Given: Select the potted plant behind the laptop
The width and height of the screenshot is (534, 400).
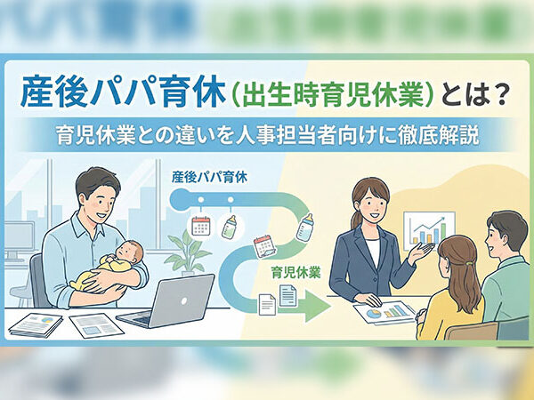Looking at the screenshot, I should click(x=190, y=252).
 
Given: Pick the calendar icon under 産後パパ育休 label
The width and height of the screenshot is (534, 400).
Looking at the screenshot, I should click(x=200, y=226).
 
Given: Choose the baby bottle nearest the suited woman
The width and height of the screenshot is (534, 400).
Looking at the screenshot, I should click(x=306, y=227).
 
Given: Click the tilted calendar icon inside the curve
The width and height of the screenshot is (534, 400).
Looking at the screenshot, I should click(x=263, y=244).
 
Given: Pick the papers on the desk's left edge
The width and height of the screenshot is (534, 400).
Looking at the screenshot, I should click(x=36, y=324).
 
